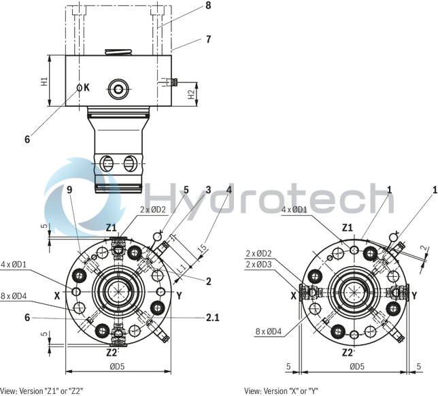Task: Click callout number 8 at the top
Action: tap(208, 7)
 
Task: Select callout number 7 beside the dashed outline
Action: tap(208, 39)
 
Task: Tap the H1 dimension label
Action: tap(44, 82)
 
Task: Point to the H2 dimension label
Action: tap(192, 95)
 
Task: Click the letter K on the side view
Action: tap(87, 88)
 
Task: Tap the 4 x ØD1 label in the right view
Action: tap(293, 210)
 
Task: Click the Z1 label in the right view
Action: tap(347, 227)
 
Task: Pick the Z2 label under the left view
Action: tap(113, 352)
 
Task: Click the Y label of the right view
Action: tap(414, 295)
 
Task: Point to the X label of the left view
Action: tap(57, 295)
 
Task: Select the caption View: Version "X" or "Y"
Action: tap(282, 391)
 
